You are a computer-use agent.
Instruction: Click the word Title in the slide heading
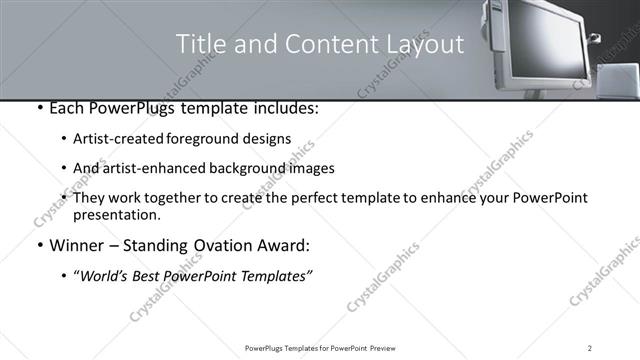point(199,44)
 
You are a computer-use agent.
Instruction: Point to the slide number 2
point(590,348)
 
